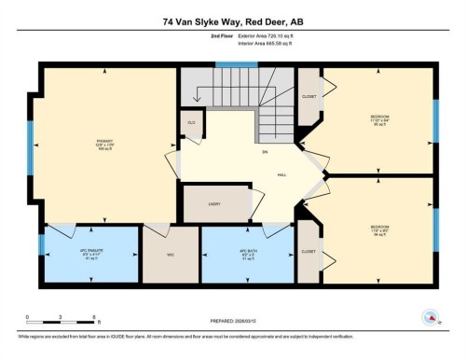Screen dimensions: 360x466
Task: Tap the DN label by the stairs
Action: click(239, 152)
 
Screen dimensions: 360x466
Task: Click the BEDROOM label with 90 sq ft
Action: click(379, 120)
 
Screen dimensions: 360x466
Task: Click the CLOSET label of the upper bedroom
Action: click(308, 96)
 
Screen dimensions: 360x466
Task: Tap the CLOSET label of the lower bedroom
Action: click(308, 250)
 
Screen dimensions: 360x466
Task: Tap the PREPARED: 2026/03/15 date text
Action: click(233, 322)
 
